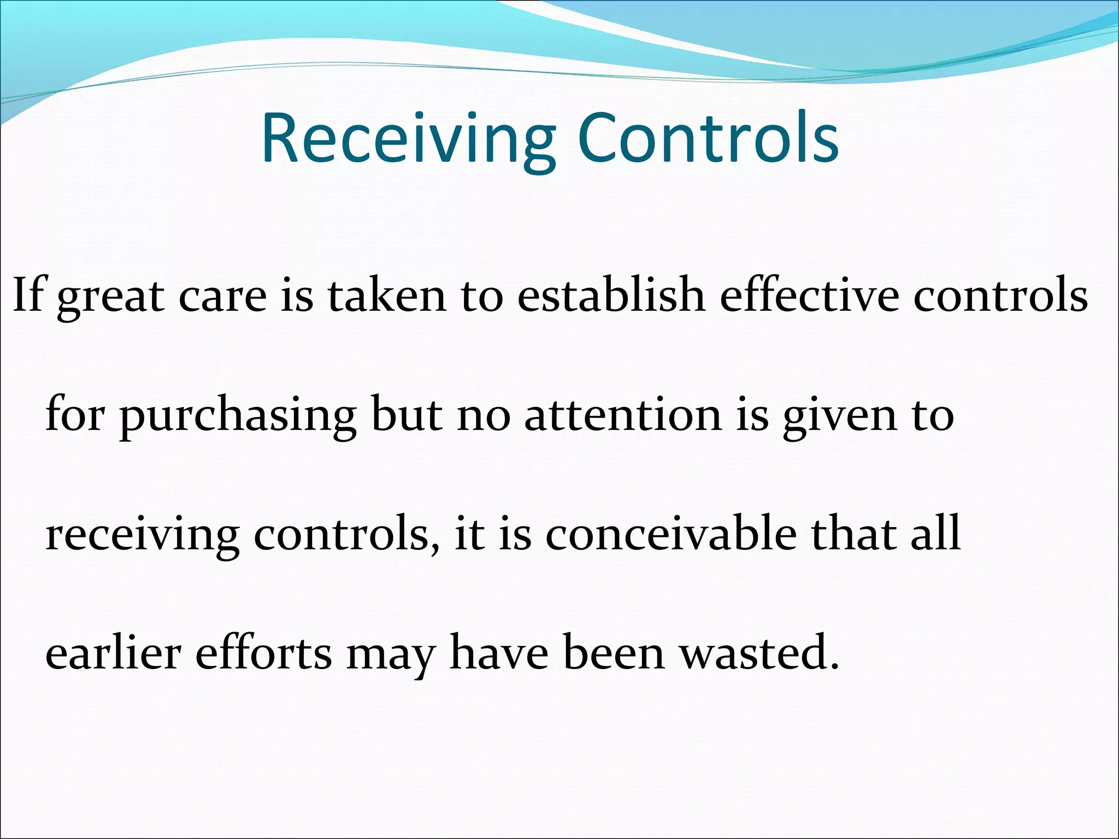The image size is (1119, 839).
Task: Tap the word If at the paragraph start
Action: (x=27, y=295)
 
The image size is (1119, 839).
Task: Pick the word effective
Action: (x=809, y=295)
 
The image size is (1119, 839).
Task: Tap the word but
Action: (x=407, y=415)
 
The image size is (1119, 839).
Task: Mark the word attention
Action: (x=623, y=415)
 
